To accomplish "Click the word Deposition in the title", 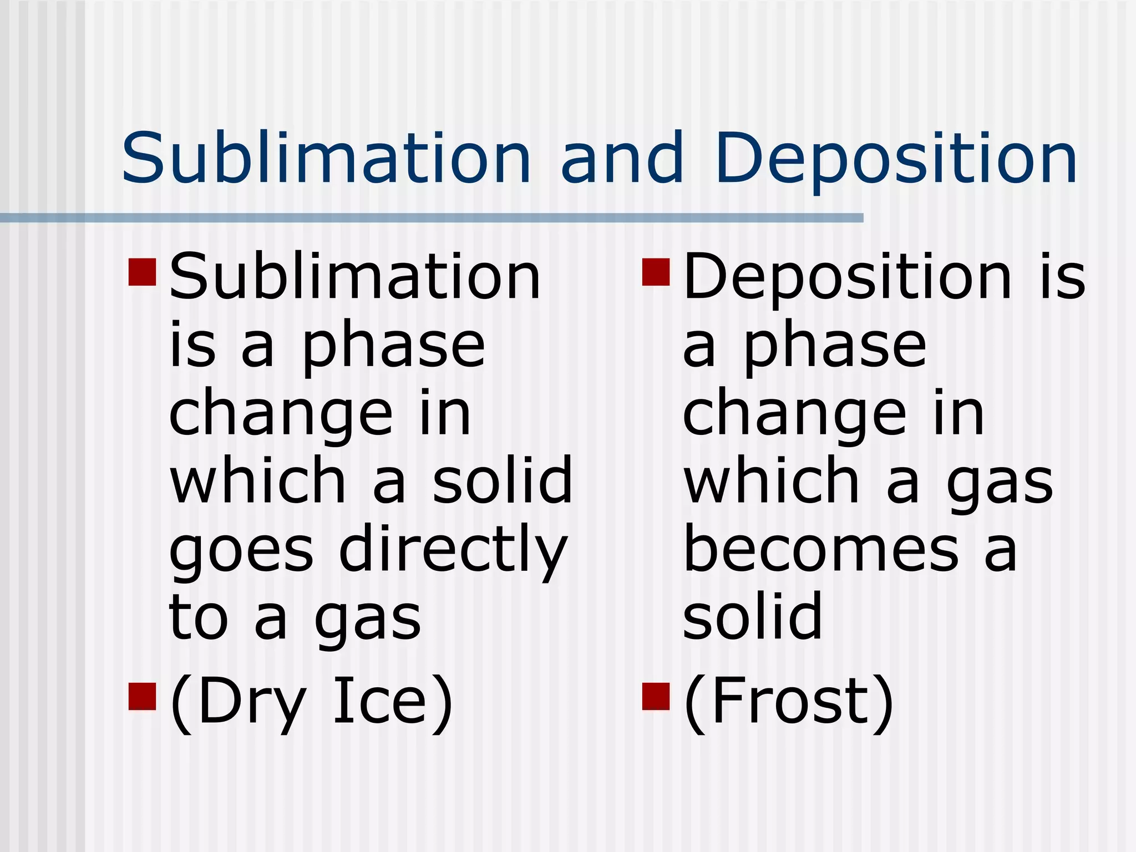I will (896, 160).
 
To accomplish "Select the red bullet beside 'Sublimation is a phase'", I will (141, 272).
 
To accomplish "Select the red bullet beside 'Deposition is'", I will (656, 272).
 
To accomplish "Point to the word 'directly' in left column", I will (453, 551).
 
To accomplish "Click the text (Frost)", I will (788, 702).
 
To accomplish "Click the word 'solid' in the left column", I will (502, 479).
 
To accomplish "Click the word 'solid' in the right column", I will (752, 616).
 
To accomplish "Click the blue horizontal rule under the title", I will (432, 218).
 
